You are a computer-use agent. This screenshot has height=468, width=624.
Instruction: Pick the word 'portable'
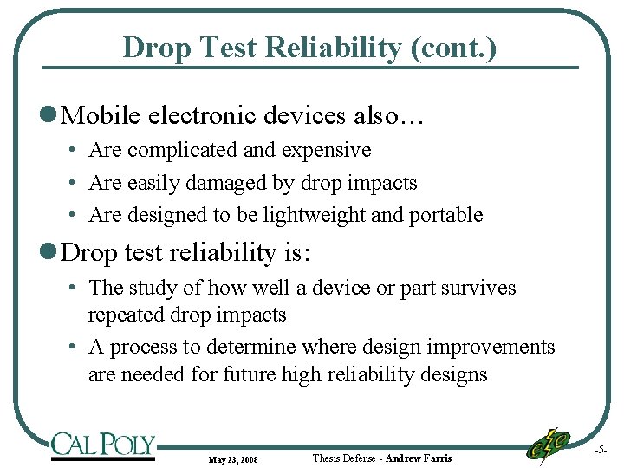pos(447,216)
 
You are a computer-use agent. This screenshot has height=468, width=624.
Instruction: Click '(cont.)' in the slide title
pos(455,47)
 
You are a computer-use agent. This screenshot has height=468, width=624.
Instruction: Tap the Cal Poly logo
pos(103,445)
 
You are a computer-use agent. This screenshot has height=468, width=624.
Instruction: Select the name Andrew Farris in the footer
pos(419,458)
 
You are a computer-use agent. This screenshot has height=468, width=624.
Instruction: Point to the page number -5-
pos(601,450)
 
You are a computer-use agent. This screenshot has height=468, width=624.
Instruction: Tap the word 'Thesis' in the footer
pos(328,458)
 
